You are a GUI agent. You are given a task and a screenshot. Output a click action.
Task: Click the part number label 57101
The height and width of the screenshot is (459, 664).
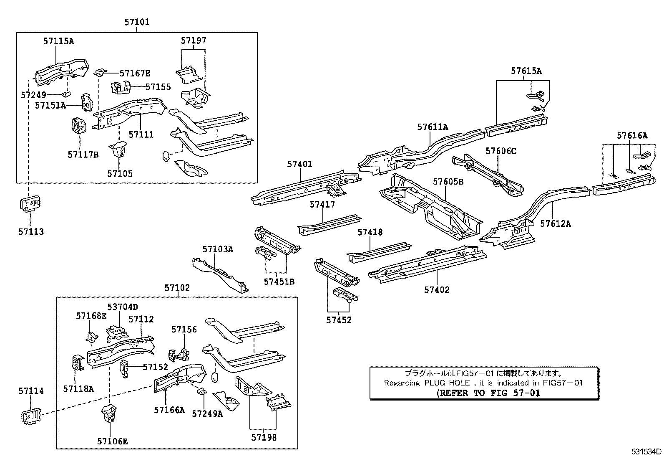[x=136, y=22]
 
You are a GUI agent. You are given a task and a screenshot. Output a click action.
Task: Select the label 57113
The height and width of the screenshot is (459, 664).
[x=31, y=231]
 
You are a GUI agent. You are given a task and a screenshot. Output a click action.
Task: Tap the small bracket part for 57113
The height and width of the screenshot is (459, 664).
[x=30, y=205]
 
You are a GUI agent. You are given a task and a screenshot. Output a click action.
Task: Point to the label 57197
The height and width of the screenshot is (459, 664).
[x=194, y=41]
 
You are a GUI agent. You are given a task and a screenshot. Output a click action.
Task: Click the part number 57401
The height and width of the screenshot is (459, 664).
[x=299, y=165]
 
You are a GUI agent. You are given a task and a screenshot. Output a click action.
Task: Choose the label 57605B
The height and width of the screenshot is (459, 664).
[x=448, y=182]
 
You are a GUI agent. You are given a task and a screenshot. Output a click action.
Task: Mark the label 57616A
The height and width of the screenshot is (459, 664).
[x=632, y=135]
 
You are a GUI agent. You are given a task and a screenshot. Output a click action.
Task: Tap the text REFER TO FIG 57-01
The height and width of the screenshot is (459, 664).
[x=488, y=393]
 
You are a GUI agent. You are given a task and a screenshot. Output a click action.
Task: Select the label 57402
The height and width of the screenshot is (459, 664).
[x=437, y=289]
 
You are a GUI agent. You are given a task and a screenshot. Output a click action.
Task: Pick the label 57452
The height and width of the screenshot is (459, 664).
[x=339, y=320]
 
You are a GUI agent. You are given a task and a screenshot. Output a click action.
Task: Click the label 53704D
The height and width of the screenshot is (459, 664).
[x=122, y=307]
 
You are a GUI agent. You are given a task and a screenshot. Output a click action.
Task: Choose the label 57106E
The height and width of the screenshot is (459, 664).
[x=112, y=441]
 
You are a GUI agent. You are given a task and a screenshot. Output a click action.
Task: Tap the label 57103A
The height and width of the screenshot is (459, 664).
[x=218, y=249]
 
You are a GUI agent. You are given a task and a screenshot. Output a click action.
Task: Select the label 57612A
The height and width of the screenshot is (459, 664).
[x=556, y=223]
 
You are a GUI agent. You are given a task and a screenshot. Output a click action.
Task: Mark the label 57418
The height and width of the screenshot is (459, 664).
[x=370, y=232]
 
